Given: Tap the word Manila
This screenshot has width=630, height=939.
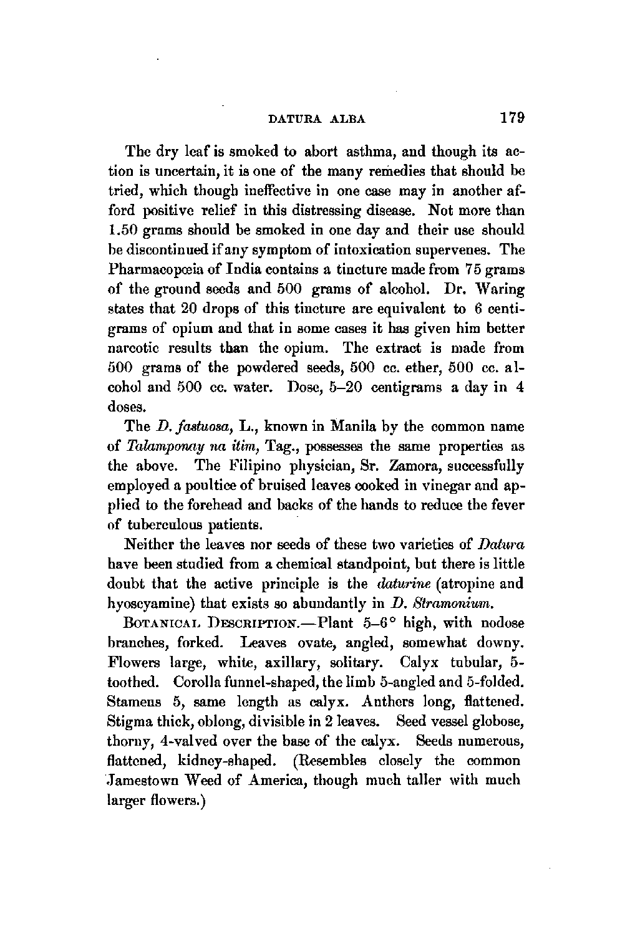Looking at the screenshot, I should (337, 427).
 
